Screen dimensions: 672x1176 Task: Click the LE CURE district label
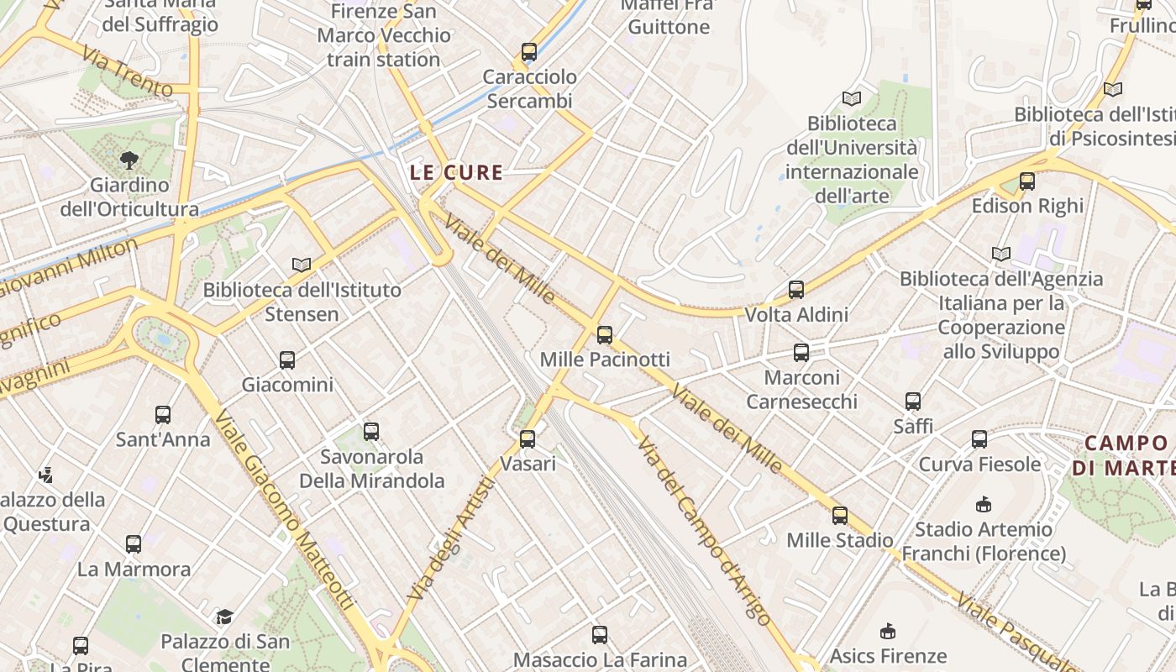[x=456, y=173]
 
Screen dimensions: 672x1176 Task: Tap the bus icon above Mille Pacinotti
[x=604, y=335]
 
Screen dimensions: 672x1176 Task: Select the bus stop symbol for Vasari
[x=527, y=438]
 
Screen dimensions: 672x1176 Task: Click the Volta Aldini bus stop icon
[x=795, y=290]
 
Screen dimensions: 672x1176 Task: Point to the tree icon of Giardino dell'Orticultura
[x=129, y=160]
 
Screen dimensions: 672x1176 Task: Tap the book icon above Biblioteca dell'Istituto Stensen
[x=301, y=265]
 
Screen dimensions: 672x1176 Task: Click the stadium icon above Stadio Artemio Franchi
[x=983, y=504]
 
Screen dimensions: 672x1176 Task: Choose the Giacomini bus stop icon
[x=286, y=360]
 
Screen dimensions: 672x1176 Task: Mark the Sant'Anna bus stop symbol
[x=162, y=414]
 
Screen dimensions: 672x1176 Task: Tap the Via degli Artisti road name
[x=451, y=538]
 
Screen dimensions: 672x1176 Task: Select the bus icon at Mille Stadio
[x=839, y=515]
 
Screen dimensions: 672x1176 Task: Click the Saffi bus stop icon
[x=912, y=401]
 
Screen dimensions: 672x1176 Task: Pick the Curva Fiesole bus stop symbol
[x=979, y=438]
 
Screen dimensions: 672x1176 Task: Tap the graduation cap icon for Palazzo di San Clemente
[x=224, y=617]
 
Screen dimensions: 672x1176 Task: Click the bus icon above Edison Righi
[x=1026, y=181]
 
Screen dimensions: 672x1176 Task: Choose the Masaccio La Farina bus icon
[x=599, y=634]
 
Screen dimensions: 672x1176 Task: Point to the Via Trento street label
[x=128, y=71]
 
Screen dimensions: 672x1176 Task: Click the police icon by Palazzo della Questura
[x=45, y=475]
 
